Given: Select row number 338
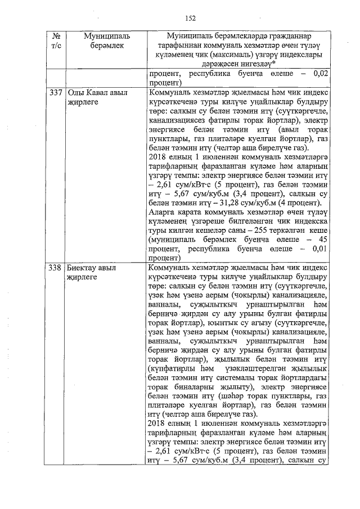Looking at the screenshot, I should pyautogui.click(x=55, y=268).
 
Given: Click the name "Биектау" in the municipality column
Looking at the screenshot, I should pyautogui.click(x=83, y=268).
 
